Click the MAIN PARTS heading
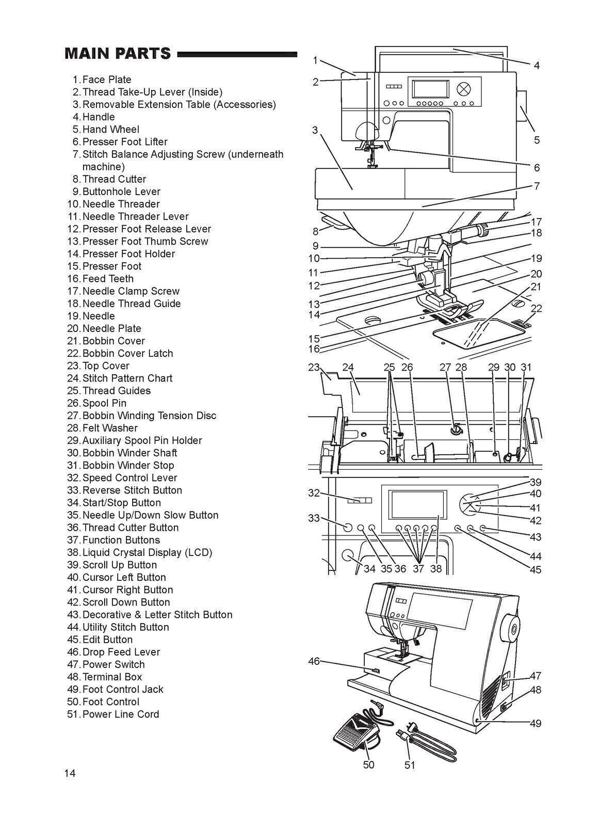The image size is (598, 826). (118, 54)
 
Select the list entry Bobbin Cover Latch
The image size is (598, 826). (127, 353)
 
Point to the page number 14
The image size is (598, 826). (70, 773)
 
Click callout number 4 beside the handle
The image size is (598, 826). (537, 66)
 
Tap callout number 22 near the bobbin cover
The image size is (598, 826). (537, 308)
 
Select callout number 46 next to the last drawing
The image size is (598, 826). (314, 661)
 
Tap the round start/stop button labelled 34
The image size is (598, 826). (348, 555)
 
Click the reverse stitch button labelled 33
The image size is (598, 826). (347, 527)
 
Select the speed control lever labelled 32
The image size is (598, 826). (359, 500)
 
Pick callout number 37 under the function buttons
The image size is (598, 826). (418, 569)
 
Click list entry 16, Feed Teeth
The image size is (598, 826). (108, 278)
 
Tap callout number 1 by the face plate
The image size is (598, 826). (315, 60)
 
